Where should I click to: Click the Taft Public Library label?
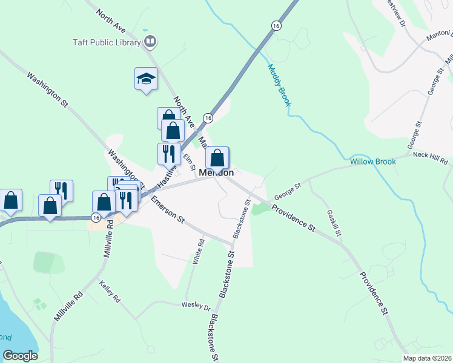[104, 42]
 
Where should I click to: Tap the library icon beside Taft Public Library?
[151, 42]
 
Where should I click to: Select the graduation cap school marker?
[145, 79]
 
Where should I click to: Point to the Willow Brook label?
[372, 162]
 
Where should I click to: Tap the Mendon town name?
[216, 172]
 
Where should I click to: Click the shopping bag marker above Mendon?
[217, 159]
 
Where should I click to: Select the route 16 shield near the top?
[276, 26]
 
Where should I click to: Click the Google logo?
[20, 356]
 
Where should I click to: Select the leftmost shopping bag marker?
[10, 200]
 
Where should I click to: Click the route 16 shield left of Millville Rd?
[96, 217]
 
